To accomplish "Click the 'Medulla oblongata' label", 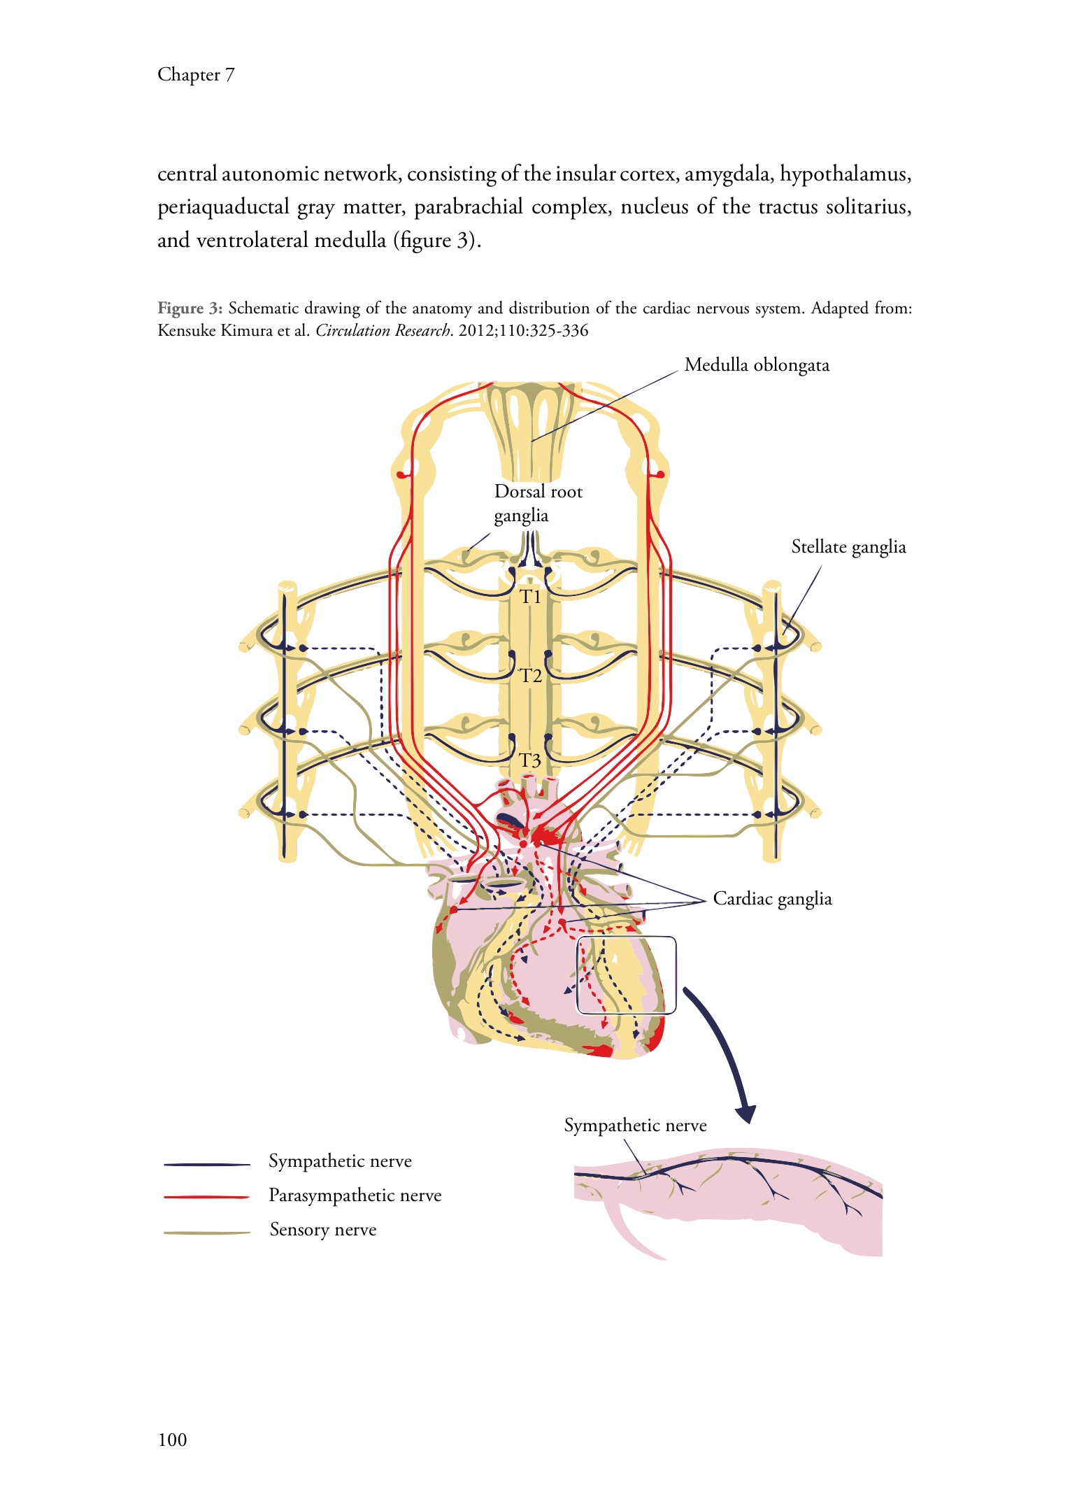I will coord(757,365).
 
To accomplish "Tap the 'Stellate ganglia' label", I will coord(848,547).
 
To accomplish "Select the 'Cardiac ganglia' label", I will coord(772,899).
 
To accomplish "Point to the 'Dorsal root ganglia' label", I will coord(538,504).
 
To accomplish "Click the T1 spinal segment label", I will coord(530,597).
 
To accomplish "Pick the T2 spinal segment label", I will coord(531,676).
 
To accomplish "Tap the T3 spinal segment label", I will coord(530,760).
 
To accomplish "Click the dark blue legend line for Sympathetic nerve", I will coord(206,1165).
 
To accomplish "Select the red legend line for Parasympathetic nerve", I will coord(206,1198).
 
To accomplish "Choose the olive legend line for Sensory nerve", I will coord(206,1233).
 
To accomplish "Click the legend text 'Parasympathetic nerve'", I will coord(355,1196).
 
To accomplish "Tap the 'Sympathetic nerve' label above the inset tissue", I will coord(635,1126).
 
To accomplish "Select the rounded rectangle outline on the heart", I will coord(626,975).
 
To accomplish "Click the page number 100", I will coord(173,1440).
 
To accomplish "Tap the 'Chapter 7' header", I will coord(196,75).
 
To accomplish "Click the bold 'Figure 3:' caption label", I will coord(190,308).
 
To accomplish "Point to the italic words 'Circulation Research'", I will coord(383,331).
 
